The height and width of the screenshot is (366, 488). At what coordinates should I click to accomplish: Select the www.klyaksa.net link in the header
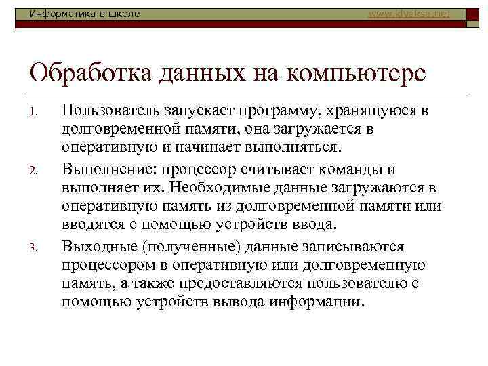point(409,14)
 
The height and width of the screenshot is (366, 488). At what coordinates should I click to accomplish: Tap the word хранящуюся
point(377,110)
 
